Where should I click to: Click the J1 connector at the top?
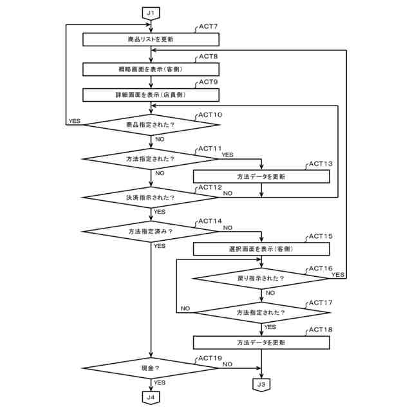tap(150, 12)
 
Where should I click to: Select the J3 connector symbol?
tap(261, 384)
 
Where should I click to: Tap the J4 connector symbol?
tap(150, 397)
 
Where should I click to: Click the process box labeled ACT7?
tap(150, 39)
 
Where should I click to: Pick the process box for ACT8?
tap(150, 68)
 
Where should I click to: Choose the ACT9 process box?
tap(150, 95)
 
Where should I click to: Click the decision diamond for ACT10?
tap(150, 124)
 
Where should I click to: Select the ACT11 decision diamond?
tap(150, 158)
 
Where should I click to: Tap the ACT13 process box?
tap(261, 176)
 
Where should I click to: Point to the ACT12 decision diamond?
tap(150, 196)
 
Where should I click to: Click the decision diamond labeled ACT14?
tap(150, 230)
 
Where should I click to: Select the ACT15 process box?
tap(261, 248)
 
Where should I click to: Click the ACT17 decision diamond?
tap(261, 312)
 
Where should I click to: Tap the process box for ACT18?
tap(261, 342)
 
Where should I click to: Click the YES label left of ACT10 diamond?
tap(75, 120)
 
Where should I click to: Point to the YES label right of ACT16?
tap(337, 274)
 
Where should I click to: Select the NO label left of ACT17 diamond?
tap(185, 309)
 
